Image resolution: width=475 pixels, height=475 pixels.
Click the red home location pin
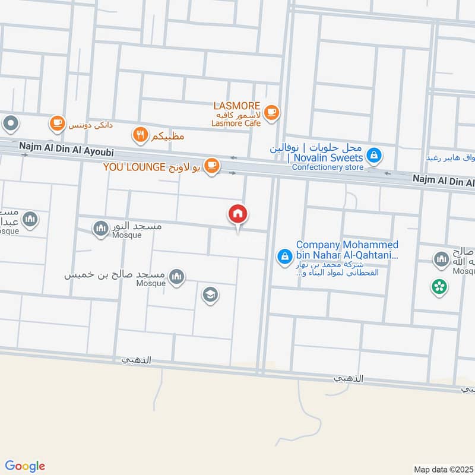tap(238, 214)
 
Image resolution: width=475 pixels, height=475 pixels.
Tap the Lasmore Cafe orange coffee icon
tap(271, 112)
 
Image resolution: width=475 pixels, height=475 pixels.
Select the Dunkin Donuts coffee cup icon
tap(57, 123)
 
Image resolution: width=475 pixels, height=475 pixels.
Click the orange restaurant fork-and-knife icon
tap(140, 135)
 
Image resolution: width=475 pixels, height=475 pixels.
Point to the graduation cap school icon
tap(210, 294)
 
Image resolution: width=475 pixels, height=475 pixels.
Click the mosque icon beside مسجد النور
tap(100, 227)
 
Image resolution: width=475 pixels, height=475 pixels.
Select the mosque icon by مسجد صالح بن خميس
tap(176, 276)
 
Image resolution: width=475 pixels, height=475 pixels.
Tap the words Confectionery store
tap(327, 167)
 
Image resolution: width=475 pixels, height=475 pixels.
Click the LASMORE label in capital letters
tap(236, 106)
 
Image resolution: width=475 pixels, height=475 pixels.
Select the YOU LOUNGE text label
tap(134, 167)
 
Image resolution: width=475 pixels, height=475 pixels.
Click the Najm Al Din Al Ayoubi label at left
tap(65, 144)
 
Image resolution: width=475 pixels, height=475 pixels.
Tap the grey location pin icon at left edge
tap(11, 124)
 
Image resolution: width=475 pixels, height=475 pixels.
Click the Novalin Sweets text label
tap(327, 158)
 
